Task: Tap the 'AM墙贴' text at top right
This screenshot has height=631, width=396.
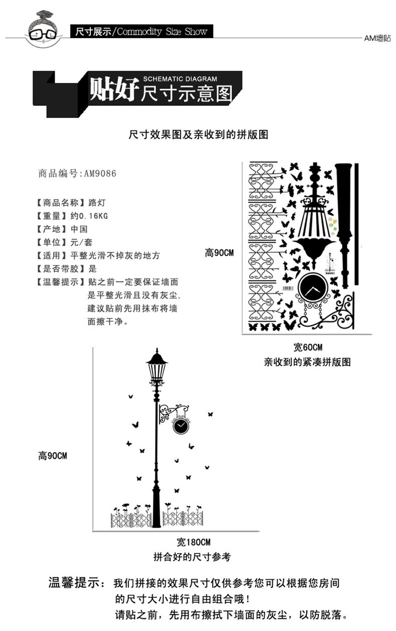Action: point(377,38)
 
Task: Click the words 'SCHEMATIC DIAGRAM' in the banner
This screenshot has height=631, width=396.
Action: point(180,79)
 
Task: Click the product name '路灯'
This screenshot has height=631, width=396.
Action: point(96,203)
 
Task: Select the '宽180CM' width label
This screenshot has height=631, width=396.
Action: point(193,542)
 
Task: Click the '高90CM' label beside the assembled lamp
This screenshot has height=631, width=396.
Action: point(53,456)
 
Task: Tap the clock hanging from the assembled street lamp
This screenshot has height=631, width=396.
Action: point(180,426)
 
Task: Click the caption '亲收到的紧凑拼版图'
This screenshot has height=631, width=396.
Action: point(307,362)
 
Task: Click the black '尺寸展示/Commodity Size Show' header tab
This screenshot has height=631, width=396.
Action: point(140,32)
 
